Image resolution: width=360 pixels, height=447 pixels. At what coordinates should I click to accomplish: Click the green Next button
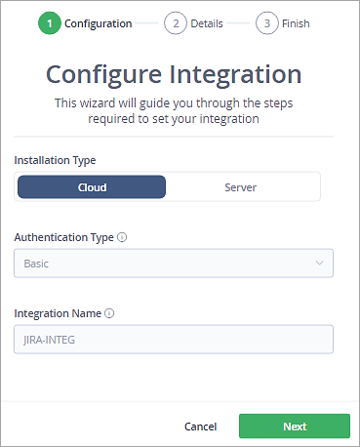click(295, 427)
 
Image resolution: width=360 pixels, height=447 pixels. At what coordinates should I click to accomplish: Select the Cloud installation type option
click(92, 186)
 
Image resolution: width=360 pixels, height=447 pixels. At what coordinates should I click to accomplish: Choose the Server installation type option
click(240, 186)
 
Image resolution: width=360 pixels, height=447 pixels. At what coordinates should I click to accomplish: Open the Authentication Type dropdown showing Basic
click(174, 264)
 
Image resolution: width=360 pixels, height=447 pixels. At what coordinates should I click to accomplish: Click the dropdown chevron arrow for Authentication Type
click(319, 264)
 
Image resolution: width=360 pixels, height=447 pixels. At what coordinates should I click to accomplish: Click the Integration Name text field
click(174, 339)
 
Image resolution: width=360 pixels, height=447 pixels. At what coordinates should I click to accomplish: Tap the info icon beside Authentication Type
click(121, 237)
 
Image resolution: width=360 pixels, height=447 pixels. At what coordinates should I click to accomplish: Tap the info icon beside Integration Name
click(109, 313)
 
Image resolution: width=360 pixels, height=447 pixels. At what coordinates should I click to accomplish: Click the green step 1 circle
click(49, 23)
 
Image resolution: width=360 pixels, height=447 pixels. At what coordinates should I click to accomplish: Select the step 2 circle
click(175, 23)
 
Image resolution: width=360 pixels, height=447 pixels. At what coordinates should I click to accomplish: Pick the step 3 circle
click(266, 23)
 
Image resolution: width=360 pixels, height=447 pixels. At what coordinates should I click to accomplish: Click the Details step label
click(207, 23)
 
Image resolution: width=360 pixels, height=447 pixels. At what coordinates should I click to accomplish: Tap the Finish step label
click(297, 23)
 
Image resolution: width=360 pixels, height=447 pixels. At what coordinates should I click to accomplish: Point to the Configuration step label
click(98, 23)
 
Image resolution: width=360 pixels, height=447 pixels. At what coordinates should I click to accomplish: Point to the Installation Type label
click(55, 159)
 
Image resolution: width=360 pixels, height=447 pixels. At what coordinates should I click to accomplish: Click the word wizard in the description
click(114, 102)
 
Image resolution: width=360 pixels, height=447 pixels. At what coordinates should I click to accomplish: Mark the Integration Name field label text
click(58, 313)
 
